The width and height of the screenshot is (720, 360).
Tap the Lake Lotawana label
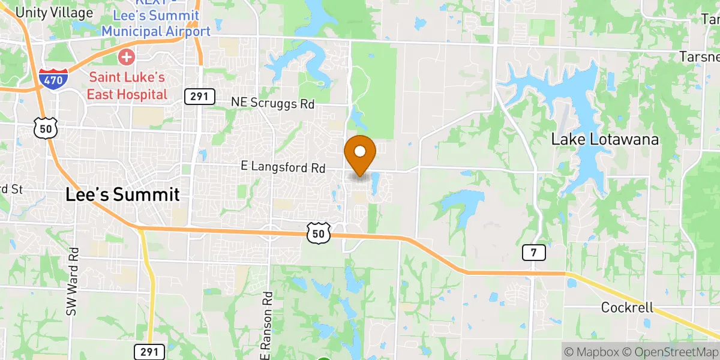(x=605, y=140)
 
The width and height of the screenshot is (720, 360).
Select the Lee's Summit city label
(x=122, y=194)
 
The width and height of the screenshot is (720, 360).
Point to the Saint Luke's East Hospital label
(x=127, y=86)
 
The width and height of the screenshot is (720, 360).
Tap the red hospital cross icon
(x=127, y=58)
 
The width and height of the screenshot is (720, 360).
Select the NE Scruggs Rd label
(x=273, y=103)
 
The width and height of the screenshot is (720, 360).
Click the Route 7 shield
(x=533, y=253)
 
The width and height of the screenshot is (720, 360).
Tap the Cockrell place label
(x=629, y=307)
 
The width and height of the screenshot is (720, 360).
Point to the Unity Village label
(x=55, y=12)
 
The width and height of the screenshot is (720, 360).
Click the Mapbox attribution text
(x=592, y=351)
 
